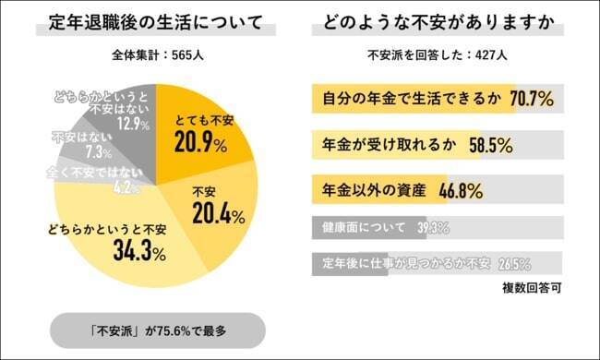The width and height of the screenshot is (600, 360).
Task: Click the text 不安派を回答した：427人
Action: (438, 55)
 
